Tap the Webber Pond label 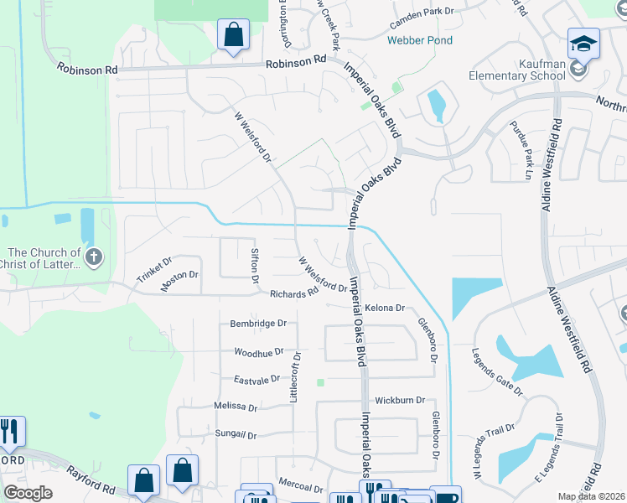(420, 40)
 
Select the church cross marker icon (93, 257)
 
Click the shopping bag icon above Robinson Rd (233, 36)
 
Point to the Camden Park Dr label (426, 11)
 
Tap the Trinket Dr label (153, 271)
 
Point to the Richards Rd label (293, 293)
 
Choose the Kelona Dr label (385, 308)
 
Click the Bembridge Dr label (258, 323)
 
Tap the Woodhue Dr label (260, 353)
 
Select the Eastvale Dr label (257, 380)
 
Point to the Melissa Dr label (236, 406)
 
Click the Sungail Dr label (236, 435)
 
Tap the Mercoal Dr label (301, 487)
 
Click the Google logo (28, 493)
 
